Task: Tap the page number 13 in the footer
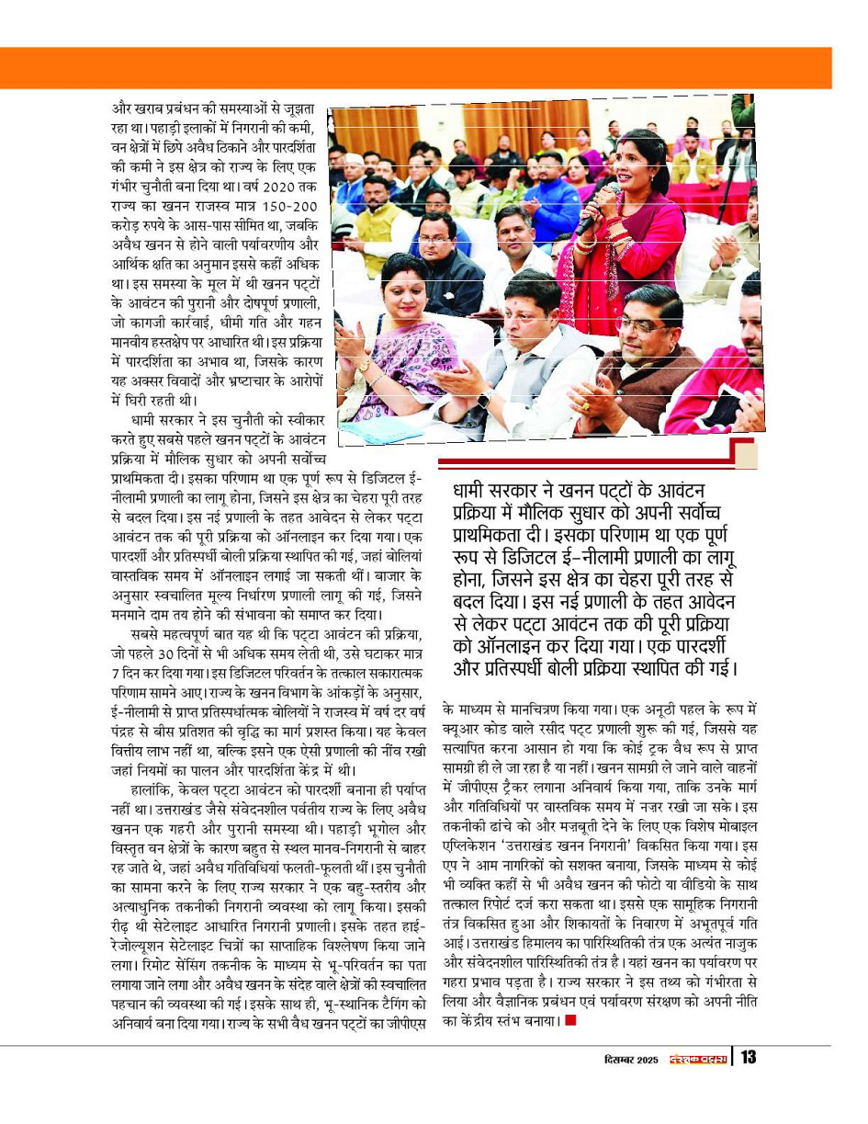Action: tap(749, 1058)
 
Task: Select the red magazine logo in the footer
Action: tap(697, 1059)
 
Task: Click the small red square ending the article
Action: tap(570, 1020)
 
